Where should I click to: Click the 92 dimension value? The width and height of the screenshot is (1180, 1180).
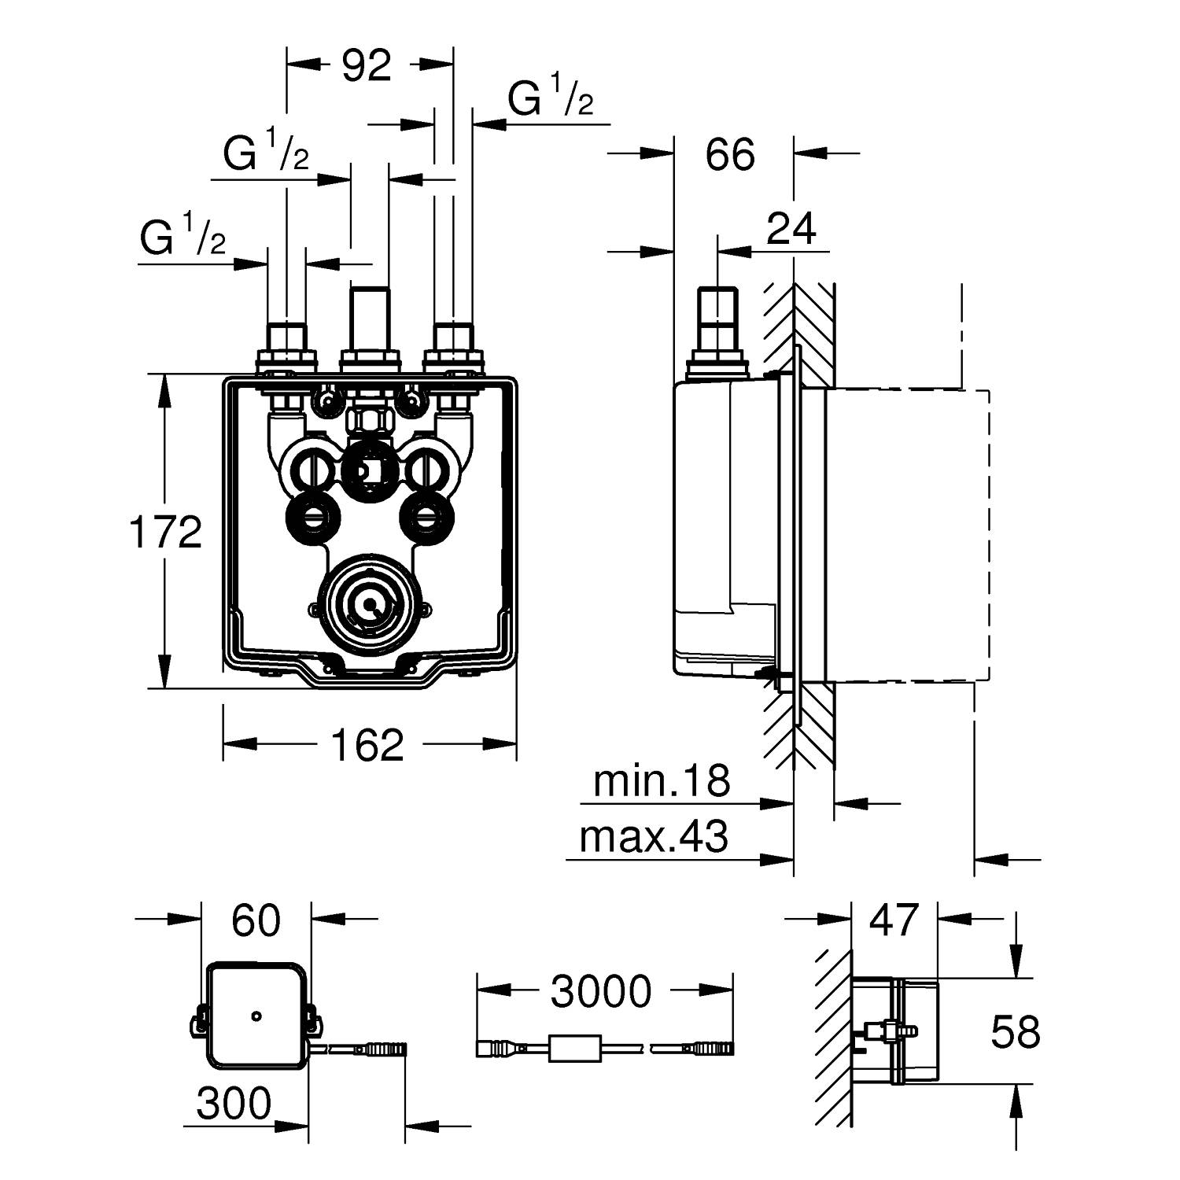(367, 66)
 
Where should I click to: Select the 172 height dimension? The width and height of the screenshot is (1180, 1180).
(166, 532)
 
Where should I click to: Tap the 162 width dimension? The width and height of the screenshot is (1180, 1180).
(367, 744)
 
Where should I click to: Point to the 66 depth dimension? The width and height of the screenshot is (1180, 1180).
(730, 154)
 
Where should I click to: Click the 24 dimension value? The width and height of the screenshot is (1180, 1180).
(791, 229)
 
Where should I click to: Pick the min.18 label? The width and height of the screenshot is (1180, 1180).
(662, 781)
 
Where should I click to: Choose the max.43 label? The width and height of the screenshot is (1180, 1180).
(654, 837)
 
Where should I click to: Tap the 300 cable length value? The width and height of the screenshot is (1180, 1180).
(234, 1104)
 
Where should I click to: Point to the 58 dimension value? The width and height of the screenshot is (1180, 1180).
(1015, 1032)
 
